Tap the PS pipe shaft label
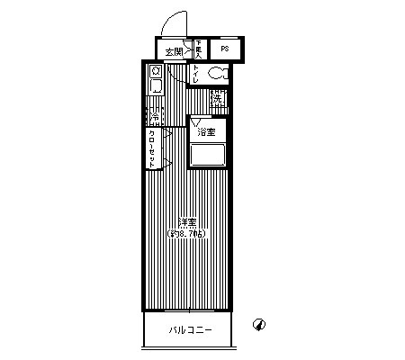(x=224, y=49)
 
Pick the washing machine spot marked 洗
(x=217, y=101)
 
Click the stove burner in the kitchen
(x=156, y=71)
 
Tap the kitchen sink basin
(x=156, y=86)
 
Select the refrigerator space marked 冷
(x=155, y=117)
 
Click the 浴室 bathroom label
(x=207, y=132)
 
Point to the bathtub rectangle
(x=207, y=155)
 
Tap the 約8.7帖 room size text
(x=186, y=234)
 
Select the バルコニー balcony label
(x=191, y=330)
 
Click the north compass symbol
(x=259, y=322)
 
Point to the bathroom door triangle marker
(x=195, y=121)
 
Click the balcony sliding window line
(x=186, y=309)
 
